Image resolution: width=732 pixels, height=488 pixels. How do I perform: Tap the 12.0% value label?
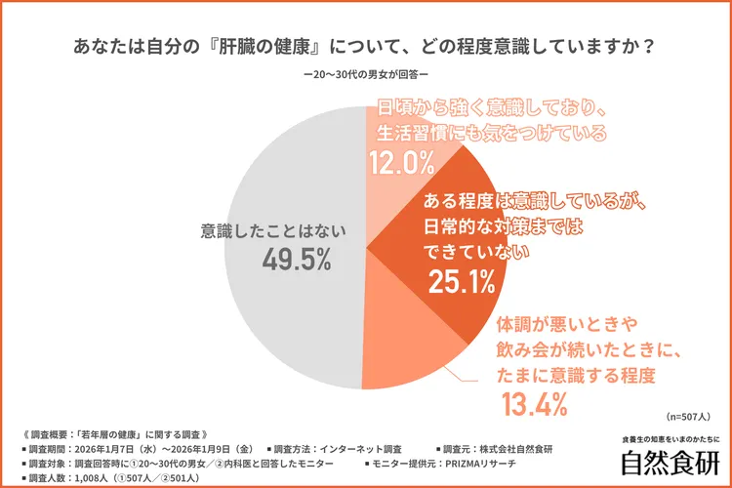coord(401,161)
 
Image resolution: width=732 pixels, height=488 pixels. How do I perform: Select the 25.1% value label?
coord(463,282)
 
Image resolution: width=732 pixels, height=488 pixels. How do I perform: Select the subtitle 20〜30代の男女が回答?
coord(365,75)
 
